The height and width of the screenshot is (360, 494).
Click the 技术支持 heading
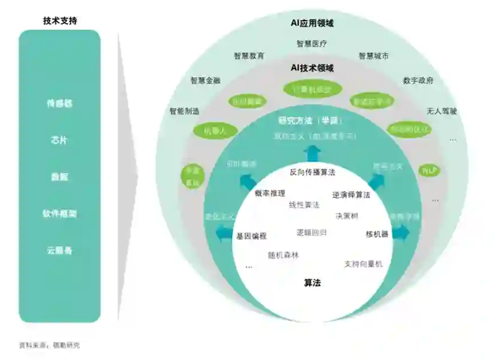tap(60, 21)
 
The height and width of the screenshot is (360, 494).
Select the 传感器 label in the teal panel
tap(60, 104)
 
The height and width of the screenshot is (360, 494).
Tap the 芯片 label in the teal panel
tap(60, 140)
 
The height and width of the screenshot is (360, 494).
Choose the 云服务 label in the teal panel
tap(60, 250)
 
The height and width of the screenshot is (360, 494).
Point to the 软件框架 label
tap(60, 214)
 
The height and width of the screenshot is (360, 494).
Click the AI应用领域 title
tap(312, 23)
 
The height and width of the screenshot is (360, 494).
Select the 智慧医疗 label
tap(312, 43)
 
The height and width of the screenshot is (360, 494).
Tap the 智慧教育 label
tap(249, 56)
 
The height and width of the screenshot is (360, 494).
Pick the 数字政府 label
tap(418, 81)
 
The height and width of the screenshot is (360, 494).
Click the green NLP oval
tap(429, 170)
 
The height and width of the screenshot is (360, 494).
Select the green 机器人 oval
tap(212, 131)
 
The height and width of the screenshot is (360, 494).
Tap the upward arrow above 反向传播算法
tap(312, 153)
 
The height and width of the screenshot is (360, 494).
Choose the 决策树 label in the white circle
tap(347, 216)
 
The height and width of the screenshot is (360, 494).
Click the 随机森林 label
tap(283, 255)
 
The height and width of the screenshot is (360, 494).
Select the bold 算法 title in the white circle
tap(312, 282)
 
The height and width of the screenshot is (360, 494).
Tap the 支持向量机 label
tap(363, 264)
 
